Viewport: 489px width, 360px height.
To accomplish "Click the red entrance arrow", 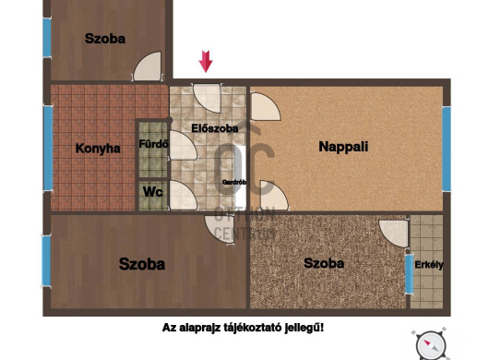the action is coord(206,61).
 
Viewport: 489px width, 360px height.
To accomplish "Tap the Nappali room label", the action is coord(343,147).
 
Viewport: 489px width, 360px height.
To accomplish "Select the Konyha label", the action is coord(98,149).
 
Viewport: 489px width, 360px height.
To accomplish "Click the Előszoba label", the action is coord(215,128).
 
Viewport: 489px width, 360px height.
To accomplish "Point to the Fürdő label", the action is coord(153,144).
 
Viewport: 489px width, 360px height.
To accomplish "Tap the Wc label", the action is coord(153,192).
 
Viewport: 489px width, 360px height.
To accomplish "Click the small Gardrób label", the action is coord(234,182).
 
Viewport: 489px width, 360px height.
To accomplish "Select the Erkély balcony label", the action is coord(429,265).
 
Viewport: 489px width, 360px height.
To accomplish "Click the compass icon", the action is coord(431,345).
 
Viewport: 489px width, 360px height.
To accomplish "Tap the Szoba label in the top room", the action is coord(105,39).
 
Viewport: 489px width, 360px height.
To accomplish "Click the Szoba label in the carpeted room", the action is coord(324,263).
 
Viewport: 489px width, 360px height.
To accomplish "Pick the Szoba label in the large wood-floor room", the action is coord(142,264).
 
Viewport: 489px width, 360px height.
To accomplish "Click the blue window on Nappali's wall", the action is coord(447,149).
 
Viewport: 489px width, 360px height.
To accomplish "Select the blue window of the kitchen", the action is coord(48,148).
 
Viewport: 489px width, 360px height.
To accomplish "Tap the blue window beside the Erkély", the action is coord(409,274).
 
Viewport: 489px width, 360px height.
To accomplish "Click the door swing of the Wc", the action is coord(183,195).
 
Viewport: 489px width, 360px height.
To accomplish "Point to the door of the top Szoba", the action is coord(148,66).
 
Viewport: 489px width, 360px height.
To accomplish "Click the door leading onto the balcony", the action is coord(394,234).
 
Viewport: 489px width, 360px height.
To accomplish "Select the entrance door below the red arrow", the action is coord(207,98).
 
